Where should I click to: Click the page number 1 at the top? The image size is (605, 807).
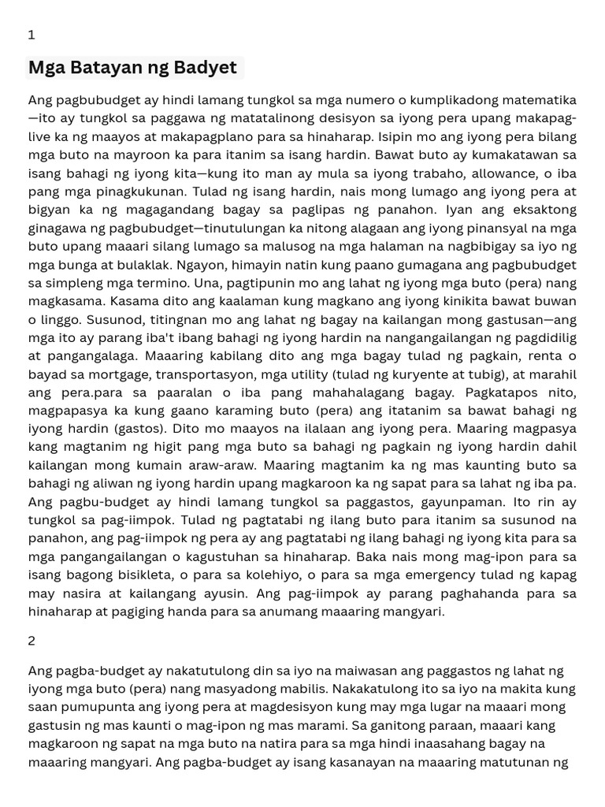pyautogui.click(x=32, y=35)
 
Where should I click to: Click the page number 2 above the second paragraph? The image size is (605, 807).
pyautogui.click(x=32, y=640)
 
